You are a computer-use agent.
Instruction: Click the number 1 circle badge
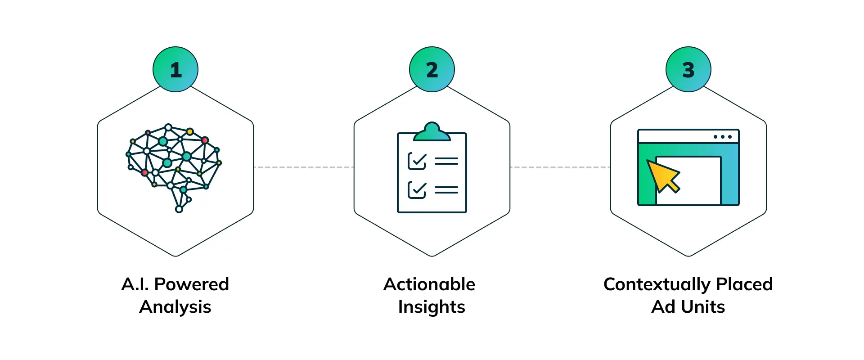pos(175,69)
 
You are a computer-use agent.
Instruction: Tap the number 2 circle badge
pos(432,69)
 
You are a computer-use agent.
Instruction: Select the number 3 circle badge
pos(688,69)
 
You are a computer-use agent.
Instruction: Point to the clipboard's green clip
pos(432,132)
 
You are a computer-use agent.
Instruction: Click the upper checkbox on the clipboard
pos(417,161)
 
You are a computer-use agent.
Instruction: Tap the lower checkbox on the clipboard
pos(417,189)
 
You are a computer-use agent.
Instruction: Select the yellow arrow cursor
pos(662,176)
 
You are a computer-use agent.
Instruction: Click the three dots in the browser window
pos(723,137)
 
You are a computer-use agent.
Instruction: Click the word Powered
pos(192,284)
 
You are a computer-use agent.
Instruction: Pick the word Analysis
pos(175,307)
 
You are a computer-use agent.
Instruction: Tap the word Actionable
pos(429,284)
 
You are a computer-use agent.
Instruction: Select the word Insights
pos(432,307)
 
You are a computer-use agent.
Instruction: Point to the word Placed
pos(744,284)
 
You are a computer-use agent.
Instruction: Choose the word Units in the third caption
pos(703,307)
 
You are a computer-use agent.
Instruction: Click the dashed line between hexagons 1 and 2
pos(304,167)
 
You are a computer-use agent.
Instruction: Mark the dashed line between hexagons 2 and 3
pos(560,167)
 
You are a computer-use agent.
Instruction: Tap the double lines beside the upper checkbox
pos(446,161)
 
